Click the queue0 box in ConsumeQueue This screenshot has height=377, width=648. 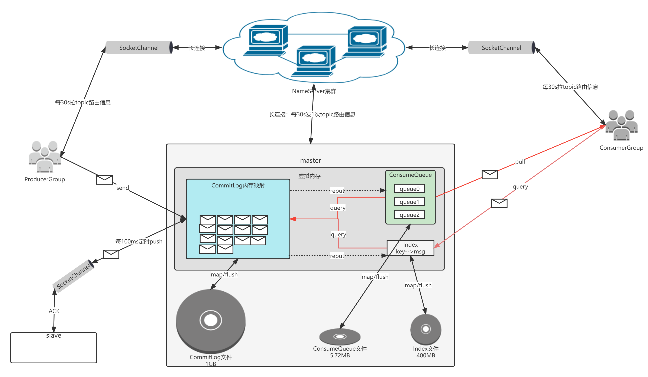click(x=409, y=189)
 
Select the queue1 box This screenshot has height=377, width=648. click(x=409, y=202)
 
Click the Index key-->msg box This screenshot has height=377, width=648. click(x=410, y=248)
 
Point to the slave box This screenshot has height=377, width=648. click(x=54, y=348)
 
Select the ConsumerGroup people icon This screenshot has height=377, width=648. click(x=621, y=125)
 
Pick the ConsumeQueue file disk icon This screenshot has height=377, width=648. click(x=340, y=337)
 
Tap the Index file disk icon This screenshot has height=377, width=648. click(x=426, y=329)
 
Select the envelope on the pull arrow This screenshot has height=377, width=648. click(x=490, y=174)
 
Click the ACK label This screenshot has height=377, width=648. click(x=54, y=311)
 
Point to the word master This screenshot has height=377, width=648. click(x=310, y=161)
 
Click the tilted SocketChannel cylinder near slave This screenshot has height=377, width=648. click(x=74, y=276)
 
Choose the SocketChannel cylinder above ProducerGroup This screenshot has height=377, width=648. click(x=139, y=48)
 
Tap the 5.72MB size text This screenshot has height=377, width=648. click(x=340, y=355)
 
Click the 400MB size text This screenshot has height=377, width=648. click(x=426, y=355)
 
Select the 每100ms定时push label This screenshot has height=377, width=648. click(x=139, y=241)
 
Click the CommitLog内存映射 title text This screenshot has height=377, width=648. click(x=238, y=186)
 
